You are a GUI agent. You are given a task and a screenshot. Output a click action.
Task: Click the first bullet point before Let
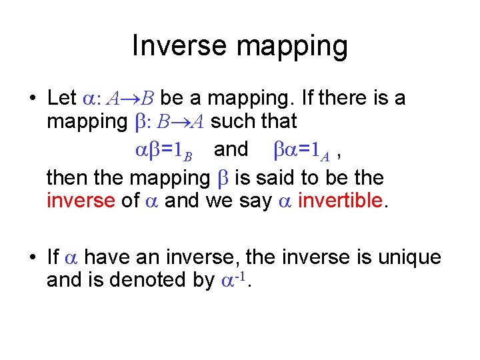pyautogui.click(x=32, y=99)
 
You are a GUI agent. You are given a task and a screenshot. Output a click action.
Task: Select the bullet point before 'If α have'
pyautogui.click(x=32, y=257)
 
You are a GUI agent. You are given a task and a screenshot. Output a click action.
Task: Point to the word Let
pyautogui.click(x=62, y=98)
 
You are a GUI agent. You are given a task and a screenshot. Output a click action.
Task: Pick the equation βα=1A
pyautogui.click(x=302, y=149)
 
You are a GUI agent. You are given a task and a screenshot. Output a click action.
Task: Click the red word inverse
pyautogui.click(x=81, y=199)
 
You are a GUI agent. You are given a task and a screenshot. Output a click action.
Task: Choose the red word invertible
pyautogui.click(x=342, y=199)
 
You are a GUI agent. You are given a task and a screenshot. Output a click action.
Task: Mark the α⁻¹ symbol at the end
pyautogui.click(x=234, y=279)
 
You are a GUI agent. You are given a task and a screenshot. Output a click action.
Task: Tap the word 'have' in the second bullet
pyautogui.click(x=109, y=257)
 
